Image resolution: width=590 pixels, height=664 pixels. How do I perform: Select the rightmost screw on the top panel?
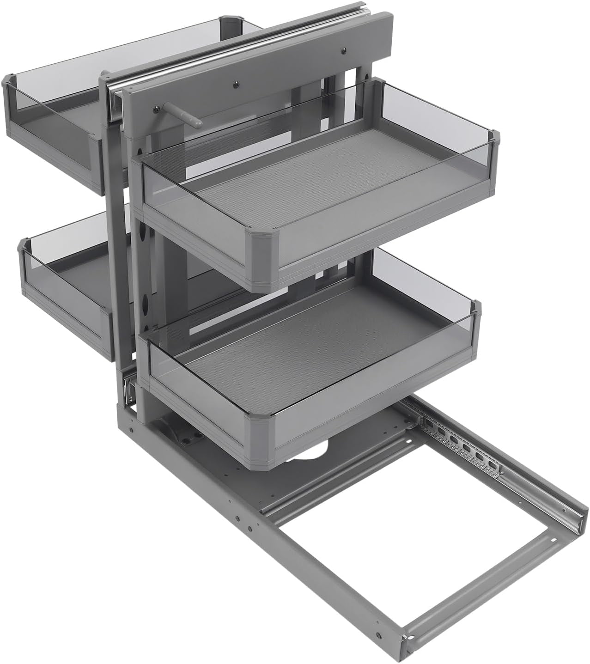(x=345, y=50)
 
